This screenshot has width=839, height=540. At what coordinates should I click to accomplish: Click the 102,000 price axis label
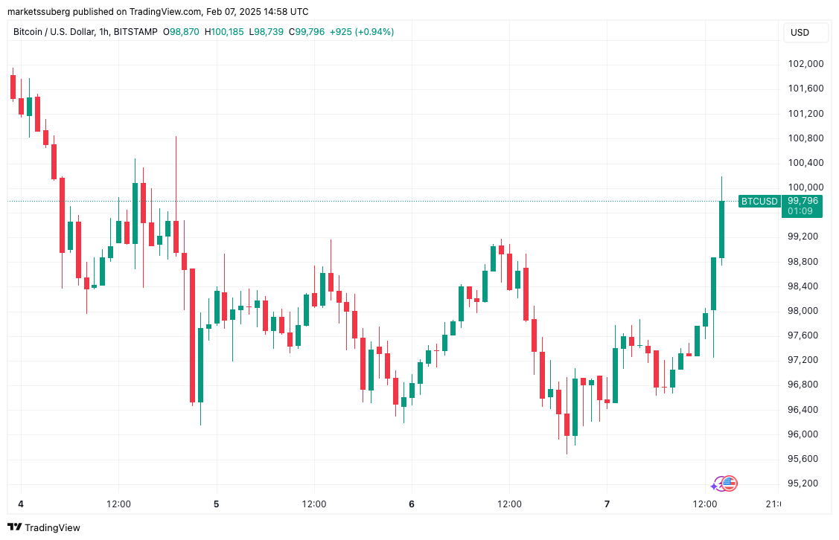click(805, 64)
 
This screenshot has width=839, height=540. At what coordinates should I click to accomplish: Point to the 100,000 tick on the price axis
click(805, 187)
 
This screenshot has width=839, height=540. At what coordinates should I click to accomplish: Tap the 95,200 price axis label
click(805, 483)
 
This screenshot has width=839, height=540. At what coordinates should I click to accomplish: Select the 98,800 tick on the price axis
click(805, 261)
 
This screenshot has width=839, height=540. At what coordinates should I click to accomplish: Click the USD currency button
click(800, 33)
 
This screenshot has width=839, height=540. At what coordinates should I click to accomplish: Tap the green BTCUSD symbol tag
click(759, 201)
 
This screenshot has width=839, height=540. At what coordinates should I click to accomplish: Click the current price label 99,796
click(803, 200)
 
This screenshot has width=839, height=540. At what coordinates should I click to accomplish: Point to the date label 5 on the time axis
click(217, 504)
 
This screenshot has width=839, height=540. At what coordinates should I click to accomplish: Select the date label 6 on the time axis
click(412, 504)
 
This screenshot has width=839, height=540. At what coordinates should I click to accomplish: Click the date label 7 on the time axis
click(607, 504)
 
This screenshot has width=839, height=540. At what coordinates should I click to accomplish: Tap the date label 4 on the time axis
click(21, 504)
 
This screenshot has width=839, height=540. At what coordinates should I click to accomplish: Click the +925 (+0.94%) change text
click(362, 32)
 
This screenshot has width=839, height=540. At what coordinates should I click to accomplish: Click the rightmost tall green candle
click(721, 229)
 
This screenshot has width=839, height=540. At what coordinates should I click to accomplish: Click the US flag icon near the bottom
click(730, 483)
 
